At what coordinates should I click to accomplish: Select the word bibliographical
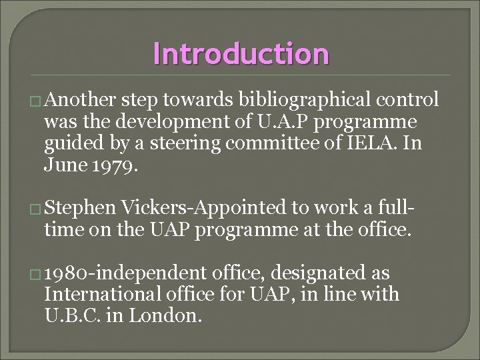291,100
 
